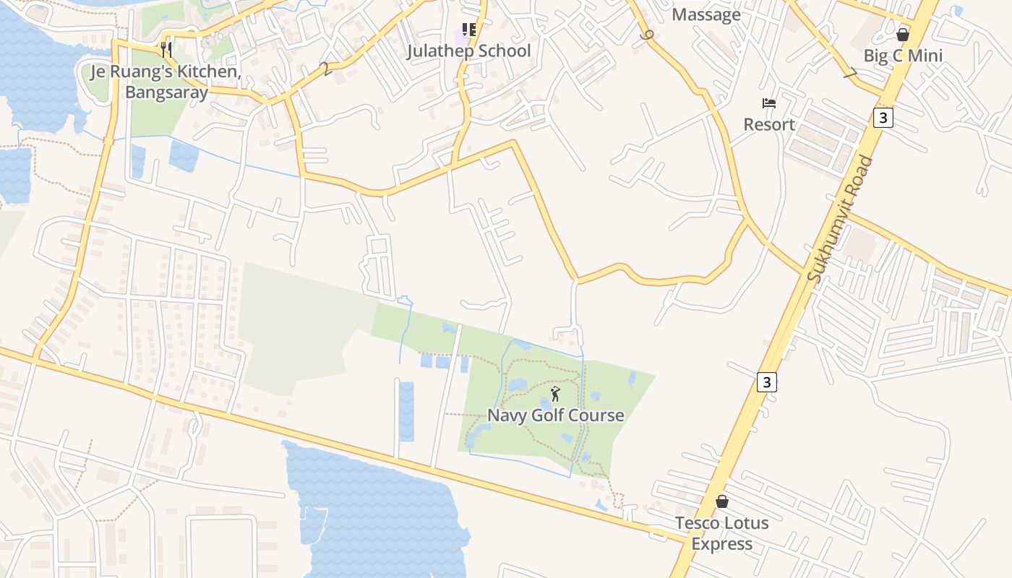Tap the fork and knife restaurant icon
click(x=166, y=49)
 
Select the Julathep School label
click(x=468, y=51)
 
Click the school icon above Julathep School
click(x=469, y=30)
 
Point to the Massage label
click(x=706, y=15)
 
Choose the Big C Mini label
click(x=903, y=56)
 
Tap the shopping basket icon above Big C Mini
click(x=902, y=34)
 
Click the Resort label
click(x=769, y=124)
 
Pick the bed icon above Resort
click(x=769, y=103)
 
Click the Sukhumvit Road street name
click(x=840, y=219)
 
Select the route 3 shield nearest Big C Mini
click(x=883, y=117)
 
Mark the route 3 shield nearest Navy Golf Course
click(x=767, y=381)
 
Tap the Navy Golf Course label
click(x=555, y=415)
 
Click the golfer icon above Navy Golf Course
click(x=555, y=394)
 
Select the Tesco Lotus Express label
click(x=721, y=533)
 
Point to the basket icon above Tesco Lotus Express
click(x=721, y=501)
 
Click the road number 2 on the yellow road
click(x=326, y=69)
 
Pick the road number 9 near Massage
click(x=646, y=34)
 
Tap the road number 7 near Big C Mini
click(x=851, y=74)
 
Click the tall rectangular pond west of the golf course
click(x=406, y=411)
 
